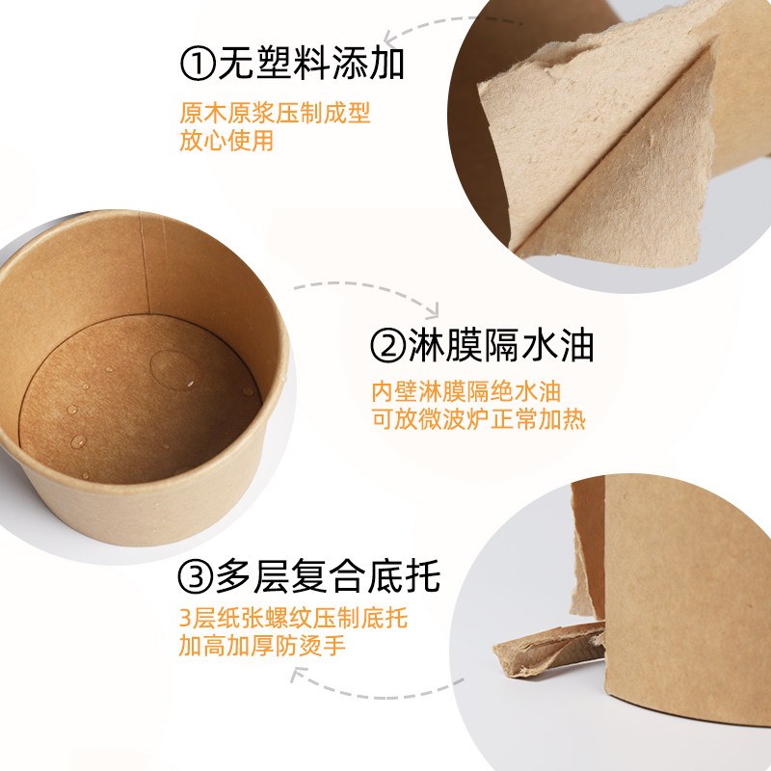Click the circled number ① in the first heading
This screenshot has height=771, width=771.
tap(198, 64)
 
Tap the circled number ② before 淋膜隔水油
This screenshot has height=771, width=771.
tap(388, 346)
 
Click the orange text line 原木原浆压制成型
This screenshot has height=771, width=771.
tap(275, 113)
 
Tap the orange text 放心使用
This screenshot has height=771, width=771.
tap(226, 140)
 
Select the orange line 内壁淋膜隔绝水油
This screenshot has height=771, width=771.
tap(465, 392)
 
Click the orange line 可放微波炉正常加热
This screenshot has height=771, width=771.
tap(478, 419)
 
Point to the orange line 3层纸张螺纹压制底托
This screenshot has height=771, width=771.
tap(293, 618)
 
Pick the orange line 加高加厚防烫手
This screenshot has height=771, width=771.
tap(262, 646)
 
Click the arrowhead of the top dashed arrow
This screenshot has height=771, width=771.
tap(391, 37)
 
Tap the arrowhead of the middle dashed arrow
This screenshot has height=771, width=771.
tap(432, 310)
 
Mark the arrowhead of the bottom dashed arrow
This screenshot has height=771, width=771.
tap(297, 674)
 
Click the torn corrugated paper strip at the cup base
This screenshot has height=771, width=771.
tap(550, 648)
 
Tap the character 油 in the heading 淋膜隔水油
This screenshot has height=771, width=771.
tap(576, 346)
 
